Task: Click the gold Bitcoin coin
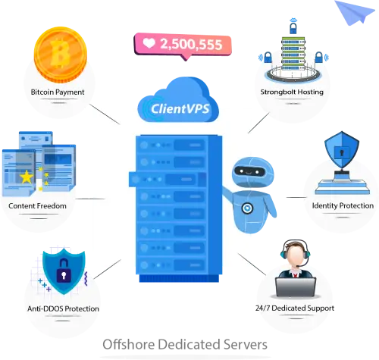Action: click(x=61, y=55)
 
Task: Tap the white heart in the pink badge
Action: click(x=149, y=43)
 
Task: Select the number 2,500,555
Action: click(x=191, y=44)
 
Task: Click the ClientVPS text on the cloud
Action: click(x=180, y=109)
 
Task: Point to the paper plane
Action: click(x=354, y=12)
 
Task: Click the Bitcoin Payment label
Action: click(x=58, y=92)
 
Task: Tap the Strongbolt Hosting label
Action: click(x=292, y=92)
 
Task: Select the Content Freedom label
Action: click(x=37, y=206)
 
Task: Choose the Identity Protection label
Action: click(x=343, y=205)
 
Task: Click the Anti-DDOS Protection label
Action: click(x=63, y=308)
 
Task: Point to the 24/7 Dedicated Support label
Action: click(x=295, y=308)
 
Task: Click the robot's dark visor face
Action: click(x=249, y=171)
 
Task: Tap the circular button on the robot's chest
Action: click(x=247, y=208)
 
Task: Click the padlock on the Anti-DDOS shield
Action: click(x=64, y=271)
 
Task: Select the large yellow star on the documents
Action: click(x=27, y=177)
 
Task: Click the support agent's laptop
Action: click(x=296, y=287)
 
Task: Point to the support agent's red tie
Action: click(x=295, y=274)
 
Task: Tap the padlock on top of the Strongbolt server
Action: click(x=293, y=28)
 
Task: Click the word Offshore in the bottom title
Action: click(x=128, y=344)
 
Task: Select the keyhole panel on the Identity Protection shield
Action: click(x=342, y=152)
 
